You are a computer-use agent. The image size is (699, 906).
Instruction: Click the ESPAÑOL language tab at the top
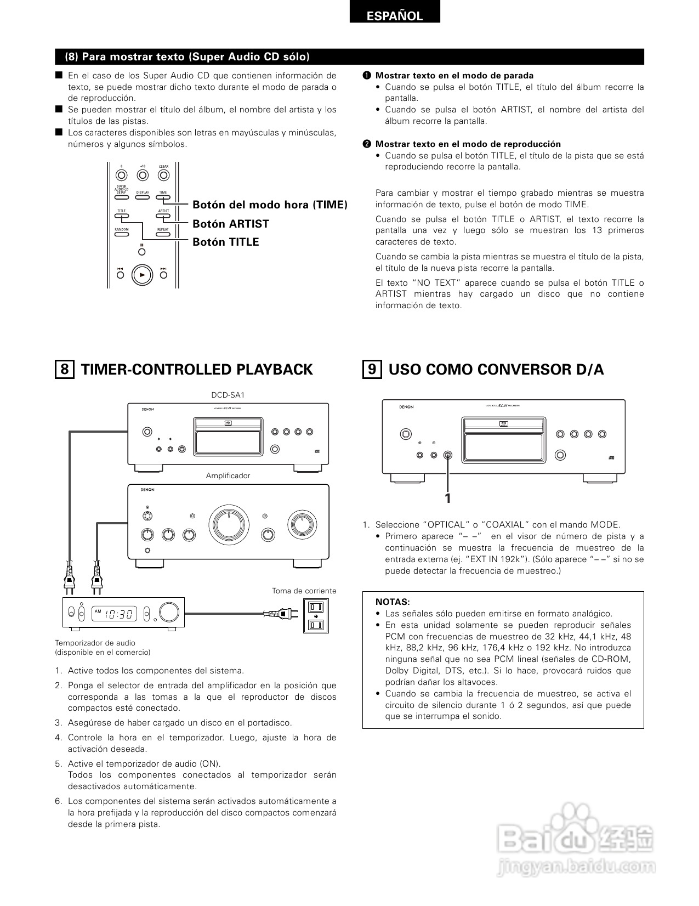[x=395, y=16]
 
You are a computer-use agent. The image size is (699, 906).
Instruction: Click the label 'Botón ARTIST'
[x=231, y=224]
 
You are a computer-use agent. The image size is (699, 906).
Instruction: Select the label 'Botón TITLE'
[x=225, y=242]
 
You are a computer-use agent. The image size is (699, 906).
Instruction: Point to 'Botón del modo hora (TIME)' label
[x=270, y=205]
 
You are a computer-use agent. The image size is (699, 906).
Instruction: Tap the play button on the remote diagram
[x=142, y=275]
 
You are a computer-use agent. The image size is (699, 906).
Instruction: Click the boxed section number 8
[x=65, y=370]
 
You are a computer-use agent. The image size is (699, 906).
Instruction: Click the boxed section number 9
[x=372, y=370]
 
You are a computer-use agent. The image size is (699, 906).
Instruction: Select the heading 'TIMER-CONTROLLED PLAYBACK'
[x=197, y=370]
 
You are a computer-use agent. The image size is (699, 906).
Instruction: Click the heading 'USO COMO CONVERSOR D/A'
[x=496, y=370]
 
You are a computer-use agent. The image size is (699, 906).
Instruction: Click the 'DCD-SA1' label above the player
[x=228, y=395]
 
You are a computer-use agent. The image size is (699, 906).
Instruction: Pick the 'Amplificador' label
[x=228, y=475]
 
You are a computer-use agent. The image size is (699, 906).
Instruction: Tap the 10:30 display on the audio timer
[x=120, y=614]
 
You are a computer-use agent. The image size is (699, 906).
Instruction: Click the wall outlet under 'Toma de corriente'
[x=315, y=615]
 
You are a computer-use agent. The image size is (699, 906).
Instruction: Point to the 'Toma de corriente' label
[x=304, y=591]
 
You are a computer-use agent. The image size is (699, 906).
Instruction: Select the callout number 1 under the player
[x=448, y=498]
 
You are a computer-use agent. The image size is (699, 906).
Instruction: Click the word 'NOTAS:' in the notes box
[x=393, y=602]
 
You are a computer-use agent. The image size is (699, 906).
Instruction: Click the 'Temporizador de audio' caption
[x=95, y=643]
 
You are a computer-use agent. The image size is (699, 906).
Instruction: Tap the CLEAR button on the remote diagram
[x=163, y=175]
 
